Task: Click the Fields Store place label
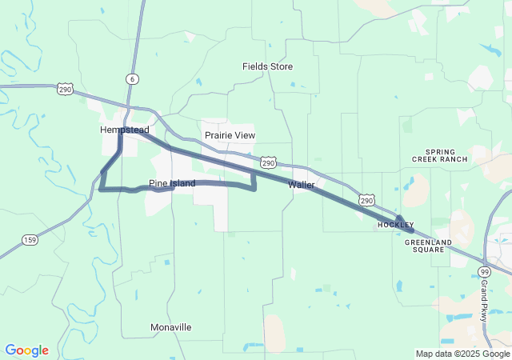[x=267, y=66]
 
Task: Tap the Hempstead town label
[x=124, y=130]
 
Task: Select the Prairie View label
[x=230, y=135]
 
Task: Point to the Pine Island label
[x=172, y=183]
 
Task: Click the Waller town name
[x=301, y=184]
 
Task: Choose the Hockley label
[x=395, y=225]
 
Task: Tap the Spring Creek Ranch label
[x=440, y=155]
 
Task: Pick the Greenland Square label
[x=424, y=245]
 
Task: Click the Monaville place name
[x=171, y=327]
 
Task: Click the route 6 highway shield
[x=131, y=78]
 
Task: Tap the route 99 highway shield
[x=485, y=273]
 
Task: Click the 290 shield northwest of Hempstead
[x=66, y=90]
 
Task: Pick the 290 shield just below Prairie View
[x=269, y=162]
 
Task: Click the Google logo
[x=26, y=350]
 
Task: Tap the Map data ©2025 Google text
[x=462, y=354]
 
